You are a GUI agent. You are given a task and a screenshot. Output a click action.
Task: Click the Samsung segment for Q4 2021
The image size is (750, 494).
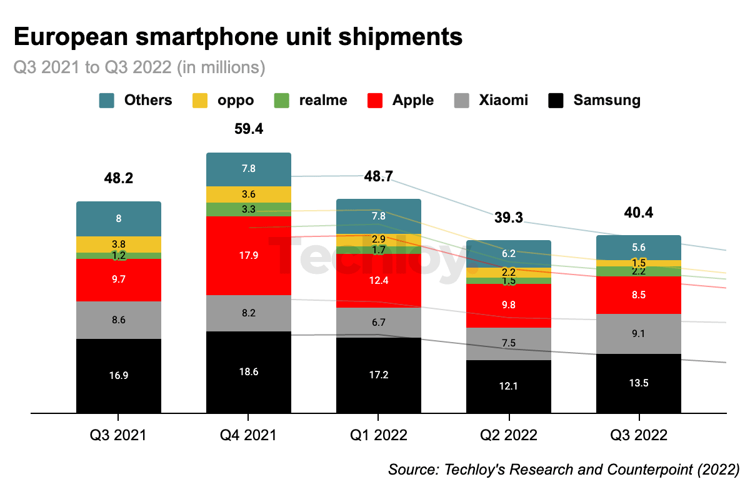[249, 371]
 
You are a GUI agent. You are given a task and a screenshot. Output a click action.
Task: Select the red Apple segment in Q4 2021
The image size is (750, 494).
[249, 255]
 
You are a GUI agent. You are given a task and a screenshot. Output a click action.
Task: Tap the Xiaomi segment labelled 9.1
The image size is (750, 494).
[639, 333]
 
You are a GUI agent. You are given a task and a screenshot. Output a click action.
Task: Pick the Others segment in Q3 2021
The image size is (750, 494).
[119, 219]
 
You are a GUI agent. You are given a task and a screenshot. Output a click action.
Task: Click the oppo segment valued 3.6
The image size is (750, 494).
[249, 194]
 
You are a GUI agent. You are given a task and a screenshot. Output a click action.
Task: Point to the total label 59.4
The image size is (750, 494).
[249, 129]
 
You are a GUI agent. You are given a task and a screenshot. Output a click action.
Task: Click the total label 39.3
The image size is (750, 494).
[508, 218]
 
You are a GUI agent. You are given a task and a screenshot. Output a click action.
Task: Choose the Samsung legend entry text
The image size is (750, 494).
[606, 100]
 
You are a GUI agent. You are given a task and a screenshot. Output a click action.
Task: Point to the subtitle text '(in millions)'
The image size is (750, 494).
[221, 68]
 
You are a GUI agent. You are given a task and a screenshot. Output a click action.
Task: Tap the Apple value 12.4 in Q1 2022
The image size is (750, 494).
[378, 280]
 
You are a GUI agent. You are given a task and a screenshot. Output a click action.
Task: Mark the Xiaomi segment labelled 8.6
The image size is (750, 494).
[119, 320]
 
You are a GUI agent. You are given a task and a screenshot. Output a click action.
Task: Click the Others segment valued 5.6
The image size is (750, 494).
[639, 247]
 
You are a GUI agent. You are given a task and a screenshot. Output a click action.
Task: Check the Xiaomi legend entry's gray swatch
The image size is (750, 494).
[461, 100]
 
